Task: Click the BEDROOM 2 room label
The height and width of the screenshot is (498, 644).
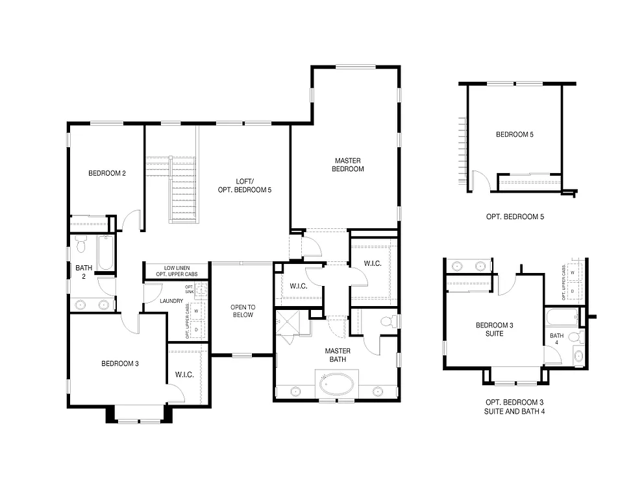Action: [x=107, y=173]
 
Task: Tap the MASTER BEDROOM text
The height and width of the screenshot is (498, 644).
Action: [x=348, y=165]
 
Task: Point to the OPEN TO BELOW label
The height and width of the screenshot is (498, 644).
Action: [x=241, y=311]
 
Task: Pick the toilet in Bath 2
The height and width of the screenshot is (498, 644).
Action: [x=81, y=245]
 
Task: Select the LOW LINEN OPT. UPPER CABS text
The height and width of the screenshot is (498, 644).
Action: [x=177, y=271]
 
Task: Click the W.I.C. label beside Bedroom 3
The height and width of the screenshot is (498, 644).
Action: [x=185, y=375]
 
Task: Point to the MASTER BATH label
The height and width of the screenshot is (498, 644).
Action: [x=338, y=355]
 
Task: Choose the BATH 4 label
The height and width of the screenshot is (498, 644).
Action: [x=556, y=339]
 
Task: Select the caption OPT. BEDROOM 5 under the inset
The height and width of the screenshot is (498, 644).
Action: [x=515, y=217]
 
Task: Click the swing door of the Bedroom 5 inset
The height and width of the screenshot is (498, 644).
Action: [x=478, y=180]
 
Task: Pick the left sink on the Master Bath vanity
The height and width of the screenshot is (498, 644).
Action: [x=295, y=390]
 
